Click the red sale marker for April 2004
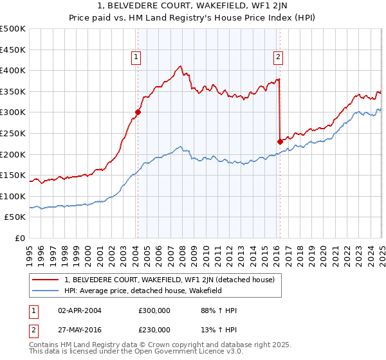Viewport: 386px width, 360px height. [x=138, y=111]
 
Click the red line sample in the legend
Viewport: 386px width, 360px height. [x=46, y=280]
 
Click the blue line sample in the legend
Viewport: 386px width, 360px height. [x=46, y=291]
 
